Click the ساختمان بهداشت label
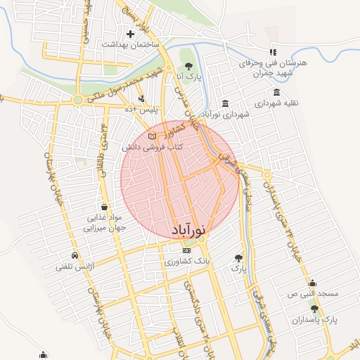pos(129,44)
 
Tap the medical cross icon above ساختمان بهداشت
pos(129,33)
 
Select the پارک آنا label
pos(189,76)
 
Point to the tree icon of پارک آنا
pos(189,65)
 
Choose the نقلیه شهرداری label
pos(276,103)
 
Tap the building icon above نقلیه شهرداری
pos(276,92)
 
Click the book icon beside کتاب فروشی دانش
pos(153,136)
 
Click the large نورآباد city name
pos(189,229)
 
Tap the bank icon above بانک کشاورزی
pos(186,250)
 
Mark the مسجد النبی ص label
pos(312,293)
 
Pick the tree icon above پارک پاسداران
pos(314,309)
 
